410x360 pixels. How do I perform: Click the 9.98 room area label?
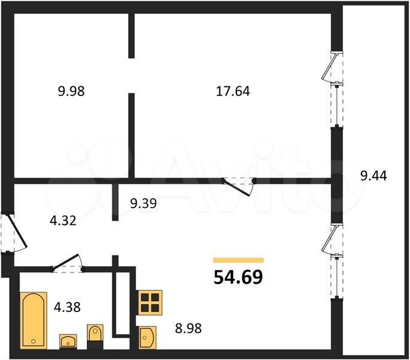(x=71, y=91)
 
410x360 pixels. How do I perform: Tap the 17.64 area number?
(x=233, y=91)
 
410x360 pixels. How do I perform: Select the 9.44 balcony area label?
(x=373, y=175)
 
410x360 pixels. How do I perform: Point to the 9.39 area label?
(x=143, y=203)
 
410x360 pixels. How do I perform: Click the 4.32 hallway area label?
(x=63, y=220)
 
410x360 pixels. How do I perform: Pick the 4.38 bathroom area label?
(x=67, y=307)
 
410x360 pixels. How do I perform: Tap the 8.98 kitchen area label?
(x=188, y=328)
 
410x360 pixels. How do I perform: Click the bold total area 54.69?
(x=238, y=277)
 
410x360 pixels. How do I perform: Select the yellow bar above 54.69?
(x=239, y=260)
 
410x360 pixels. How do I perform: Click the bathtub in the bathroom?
(x=34, y=320)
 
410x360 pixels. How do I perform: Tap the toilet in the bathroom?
(x=95, y=337)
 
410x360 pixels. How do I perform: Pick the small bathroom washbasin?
(x=68, y=341)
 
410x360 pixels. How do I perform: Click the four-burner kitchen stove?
(x=150, y=302)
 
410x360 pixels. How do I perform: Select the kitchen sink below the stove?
(x=147, y=337)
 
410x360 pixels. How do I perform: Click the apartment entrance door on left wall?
(x=14, y=233)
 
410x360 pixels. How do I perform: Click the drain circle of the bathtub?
(x=33, y=341)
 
